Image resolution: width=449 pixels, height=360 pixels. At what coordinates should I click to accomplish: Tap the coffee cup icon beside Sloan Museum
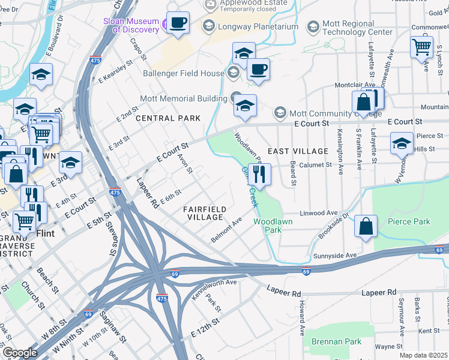(178, 23)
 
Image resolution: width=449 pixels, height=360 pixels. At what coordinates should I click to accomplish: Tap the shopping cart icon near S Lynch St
(422, 46)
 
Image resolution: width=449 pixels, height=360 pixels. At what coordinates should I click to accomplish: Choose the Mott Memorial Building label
(183, 98)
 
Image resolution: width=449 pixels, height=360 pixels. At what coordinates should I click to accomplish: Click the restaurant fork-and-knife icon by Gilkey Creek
(259, 175)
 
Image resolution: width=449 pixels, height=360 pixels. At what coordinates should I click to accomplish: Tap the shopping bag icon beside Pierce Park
(366, 227)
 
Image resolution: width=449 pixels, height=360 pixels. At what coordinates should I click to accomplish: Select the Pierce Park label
(408, 221)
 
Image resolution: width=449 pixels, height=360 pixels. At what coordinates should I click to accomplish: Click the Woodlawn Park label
(267, 226)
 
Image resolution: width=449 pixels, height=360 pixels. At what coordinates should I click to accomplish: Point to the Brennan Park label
(336, 341)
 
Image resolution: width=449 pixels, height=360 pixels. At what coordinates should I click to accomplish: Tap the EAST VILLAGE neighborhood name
(298, 151)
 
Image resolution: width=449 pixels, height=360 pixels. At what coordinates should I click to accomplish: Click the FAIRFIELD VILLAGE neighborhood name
(205, 213)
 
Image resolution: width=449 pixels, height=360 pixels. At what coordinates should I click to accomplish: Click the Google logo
(20, 353)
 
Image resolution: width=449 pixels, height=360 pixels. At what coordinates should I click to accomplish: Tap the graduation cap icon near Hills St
(402, 144)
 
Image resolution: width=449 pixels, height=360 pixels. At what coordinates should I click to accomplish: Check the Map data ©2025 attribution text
(424, 355)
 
